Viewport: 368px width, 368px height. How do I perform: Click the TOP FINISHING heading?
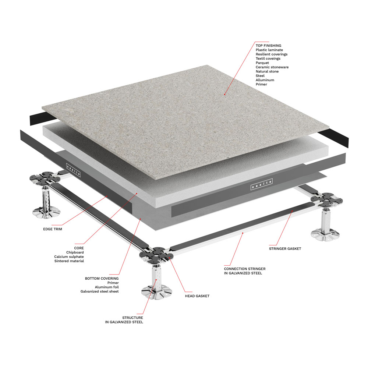(268, 46)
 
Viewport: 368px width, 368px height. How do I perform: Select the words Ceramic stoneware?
(272, 67)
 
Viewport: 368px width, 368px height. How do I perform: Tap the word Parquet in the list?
(262, 63)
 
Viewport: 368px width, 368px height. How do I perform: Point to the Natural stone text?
(267, 71)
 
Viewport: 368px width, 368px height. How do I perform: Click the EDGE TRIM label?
(53, 229)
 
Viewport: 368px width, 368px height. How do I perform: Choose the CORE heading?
(79, 248)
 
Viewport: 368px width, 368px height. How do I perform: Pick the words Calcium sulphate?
(69, 257)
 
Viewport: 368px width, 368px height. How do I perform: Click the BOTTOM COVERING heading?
(102, 279)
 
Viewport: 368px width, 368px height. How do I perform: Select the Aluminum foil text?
(107, 287)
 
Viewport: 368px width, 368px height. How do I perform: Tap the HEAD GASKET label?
(197, 296)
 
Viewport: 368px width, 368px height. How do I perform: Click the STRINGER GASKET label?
(285, 249)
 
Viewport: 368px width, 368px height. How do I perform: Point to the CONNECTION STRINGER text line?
(245, 269)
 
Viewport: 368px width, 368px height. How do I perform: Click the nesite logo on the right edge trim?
(261, 184)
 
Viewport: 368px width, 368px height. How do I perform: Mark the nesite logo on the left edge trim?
(74, 170)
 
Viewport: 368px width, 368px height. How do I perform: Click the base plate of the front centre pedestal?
(157, 292)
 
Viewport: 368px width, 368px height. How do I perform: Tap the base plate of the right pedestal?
(325, 234)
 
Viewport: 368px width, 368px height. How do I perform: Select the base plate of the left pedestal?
(46, 212)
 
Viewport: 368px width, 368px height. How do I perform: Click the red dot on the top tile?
(224, 94)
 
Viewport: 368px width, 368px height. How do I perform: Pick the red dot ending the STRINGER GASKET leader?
(292, 211)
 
